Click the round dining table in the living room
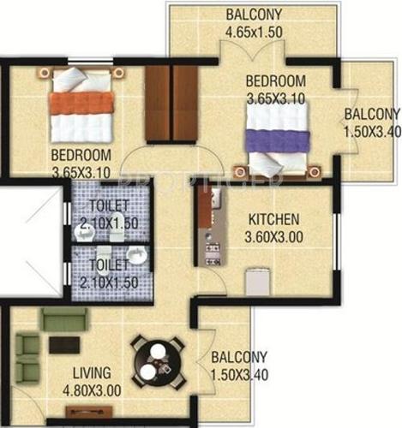[156, 359]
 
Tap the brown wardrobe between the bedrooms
[171, 104]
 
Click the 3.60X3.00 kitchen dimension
[274, 234]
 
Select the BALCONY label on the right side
[372, 115]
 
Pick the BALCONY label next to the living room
[238, 358]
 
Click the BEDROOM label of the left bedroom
[82, 155]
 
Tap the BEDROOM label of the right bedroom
[276, 82]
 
